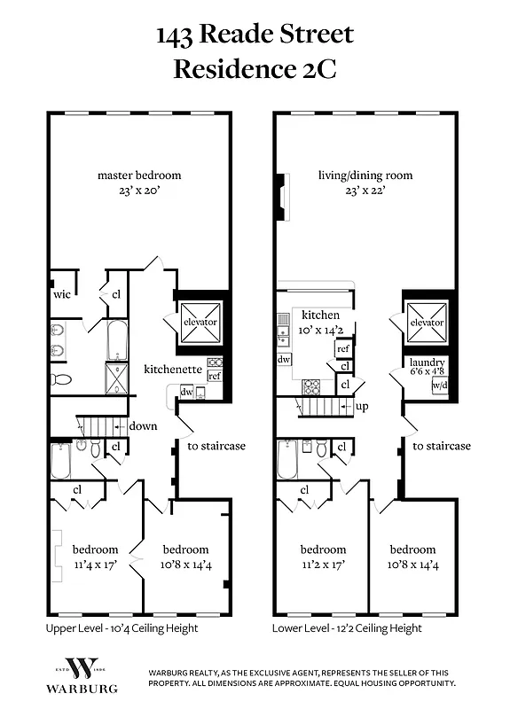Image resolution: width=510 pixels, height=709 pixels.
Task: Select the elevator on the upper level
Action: (200, 322)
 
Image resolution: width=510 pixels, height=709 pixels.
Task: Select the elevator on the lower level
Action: (427, 323)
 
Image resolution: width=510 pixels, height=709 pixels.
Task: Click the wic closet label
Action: (61, 293)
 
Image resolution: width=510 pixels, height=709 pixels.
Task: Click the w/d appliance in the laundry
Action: (439, 386)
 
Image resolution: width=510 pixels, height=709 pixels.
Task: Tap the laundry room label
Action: (427, 362)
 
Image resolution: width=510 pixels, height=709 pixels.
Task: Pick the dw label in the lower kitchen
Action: (284, 360)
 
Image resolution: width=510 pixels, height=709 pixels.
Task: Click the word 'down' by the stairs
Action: (143, 426)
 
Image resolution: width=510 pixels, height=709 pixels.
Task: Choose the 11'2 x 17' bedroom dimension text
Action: (323, 563)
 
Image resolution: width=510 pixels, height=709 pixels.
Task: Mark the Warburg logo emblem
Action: (79, 669)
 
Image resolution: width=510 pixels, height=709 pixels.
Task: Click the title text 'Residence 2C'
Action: (255, 68)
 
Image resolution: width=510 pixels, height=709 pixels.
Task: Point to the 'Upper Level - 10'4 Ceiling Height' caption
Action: (122, 628)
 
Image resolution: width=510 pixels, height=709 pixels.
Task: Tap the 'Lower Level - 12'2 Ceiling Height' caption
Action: (347, 628)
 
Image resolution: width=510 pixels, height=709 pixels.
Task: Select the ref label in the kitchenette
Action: (214, 377)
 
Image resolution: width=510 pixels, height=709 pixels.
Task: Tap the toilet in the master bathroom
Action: (60, 379)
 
